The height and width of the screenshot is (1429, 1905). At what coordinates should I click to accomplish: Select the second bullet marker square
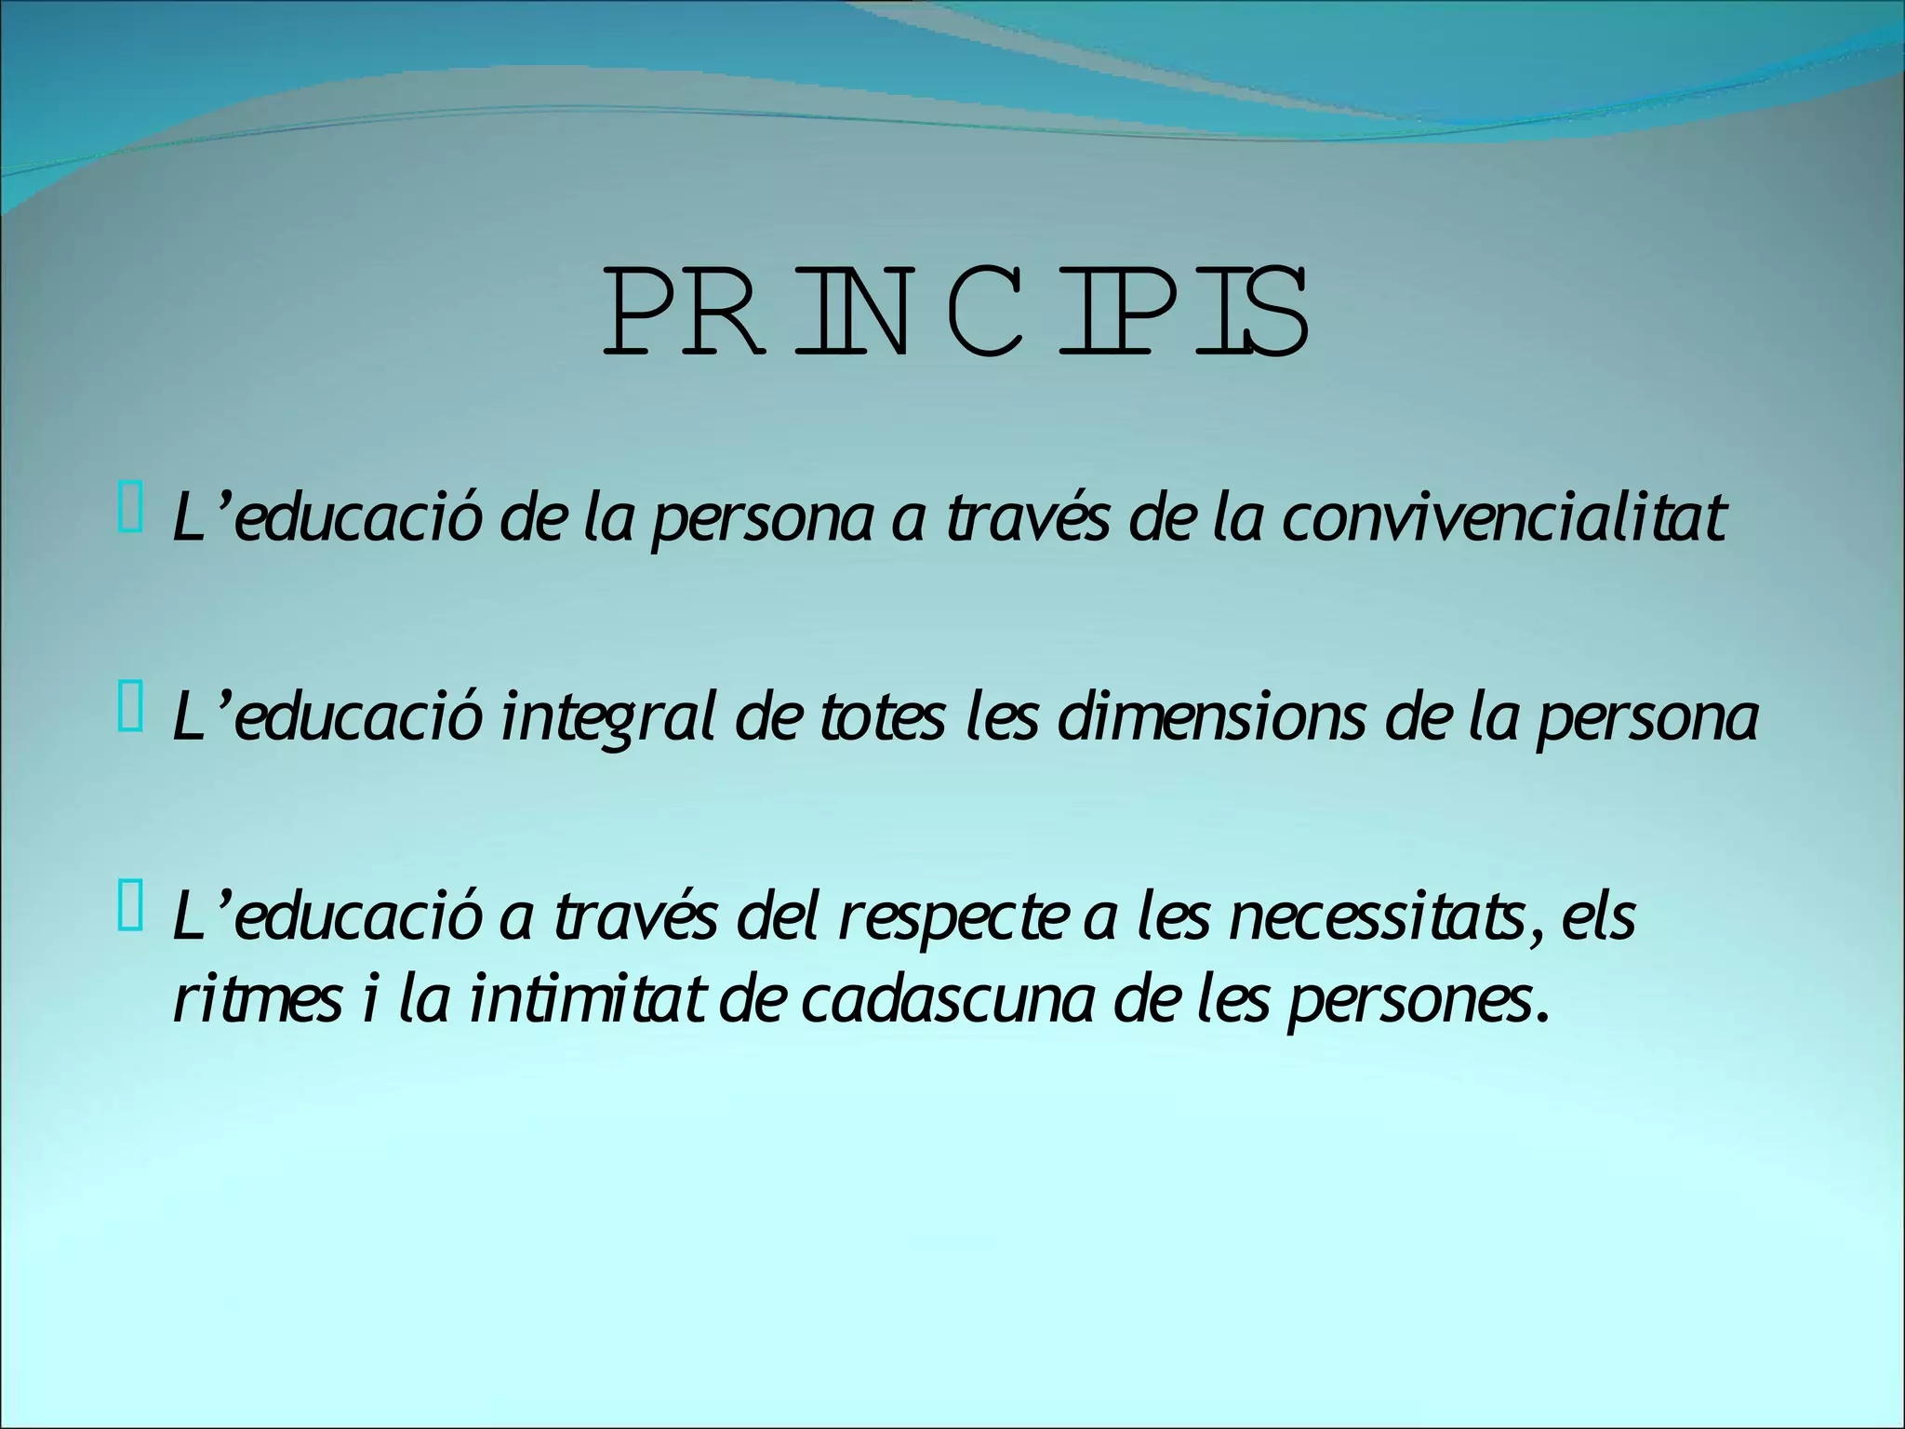[130, 713]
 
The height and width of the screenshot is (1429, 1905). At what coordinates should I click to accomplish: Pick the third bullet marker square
[130, 912]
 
